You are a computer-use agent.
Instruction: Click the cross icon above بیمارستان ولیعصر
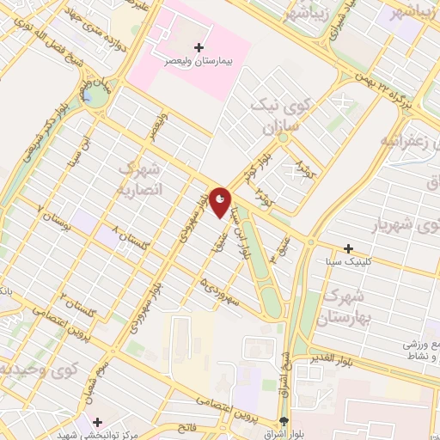point(199,46)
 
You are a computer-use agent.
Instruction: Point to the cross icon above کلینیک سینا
point(348,247)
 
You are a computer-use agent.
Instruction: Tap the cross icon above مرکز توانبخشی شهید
point(97,422)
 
